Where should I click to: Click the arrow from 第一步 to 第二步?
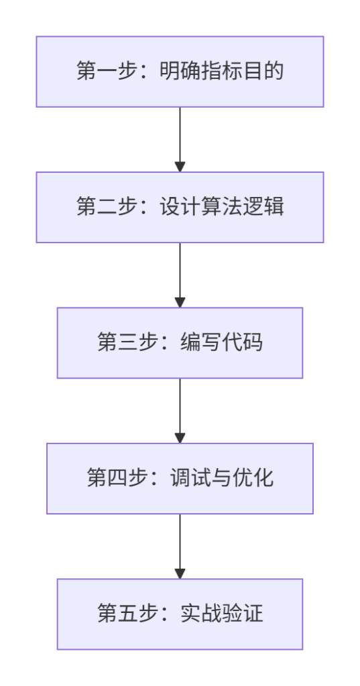click(x=180, y=139)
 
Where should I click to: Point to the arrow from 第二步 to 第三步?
click(x=180, y=275)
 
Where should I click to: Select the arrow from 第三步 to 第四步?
click(x=180, y=411)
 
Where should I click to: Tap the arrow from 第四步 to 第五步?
click(x=180, y=546)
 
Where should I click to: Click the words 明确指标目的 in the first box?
click(x=222, y=72)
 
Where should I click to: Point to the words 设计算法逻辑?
click(x=222, y=207)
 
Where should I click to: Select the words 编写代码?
click(x=222, y=343)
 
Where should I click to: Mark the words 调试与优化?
click(x=222, y=478)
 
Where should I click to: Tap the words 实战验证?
click(x=222, y=614)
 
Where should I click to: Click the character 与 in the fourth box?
click(x=222, y=478)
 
